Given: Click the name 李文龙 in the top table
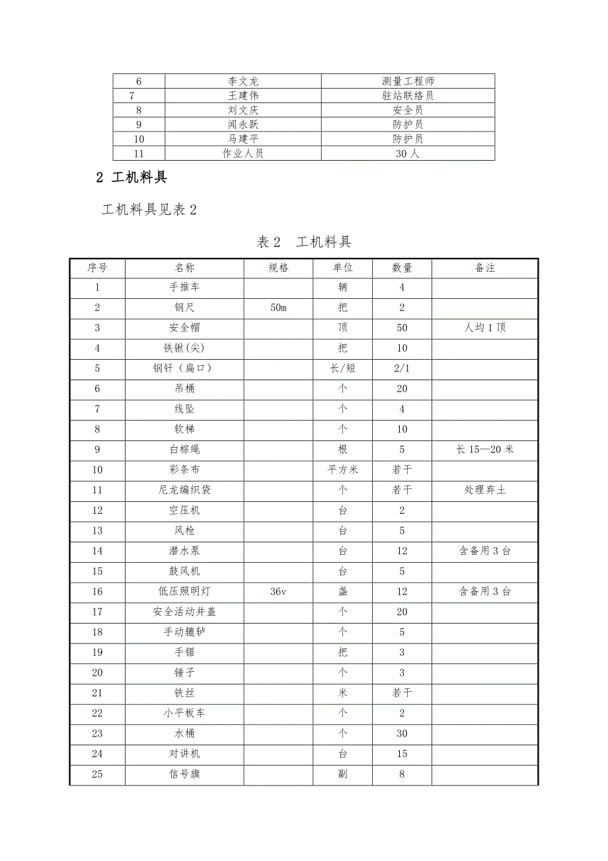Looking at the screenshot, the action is tap(243, 81).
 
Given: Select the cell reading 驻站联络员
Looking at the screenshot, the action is tap(408, 96).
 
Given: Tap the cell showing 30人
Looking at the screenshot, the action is tap(408, 153).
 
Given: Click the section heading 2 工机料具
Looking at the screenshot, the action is tap(132, 177).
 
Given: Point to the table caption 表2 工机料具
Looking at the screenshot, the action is tap(303, 242).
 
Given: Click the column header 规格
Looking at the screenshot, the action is tap(278, 268).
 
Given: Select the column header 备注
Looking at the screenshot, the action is tap(485, 268).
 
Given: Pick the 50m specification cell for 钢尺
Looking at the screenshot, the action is tap(278, 308).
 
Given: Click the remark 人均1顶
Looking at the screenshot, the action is tap(485, 328).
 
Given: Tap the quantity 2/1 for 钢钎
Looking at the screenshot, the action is tap(402, 368).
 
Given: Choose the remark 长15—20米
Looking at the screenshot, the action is tap(485, 450).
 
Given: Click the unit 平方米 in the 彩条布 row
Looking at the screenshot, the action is tap(342, 470).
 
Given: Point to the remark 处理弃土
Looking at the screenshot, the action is tap(485, 490).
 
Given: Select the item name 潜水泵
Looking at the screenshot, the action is tap(184, 551).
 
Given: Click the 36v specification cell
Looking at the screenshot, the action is tap(278, 592).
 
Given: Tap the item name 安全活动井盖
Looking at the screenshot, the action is tap(184, 612).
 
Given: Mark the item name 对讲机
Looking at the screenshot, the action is tap(184, 754).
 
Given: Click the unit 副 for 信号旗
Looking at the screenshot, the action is tap(342, 774).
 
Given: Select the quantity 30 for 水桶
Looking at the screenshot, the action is tap(402, 733).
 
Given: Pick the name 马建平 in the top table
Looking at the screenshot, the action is tap(243, 139).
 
